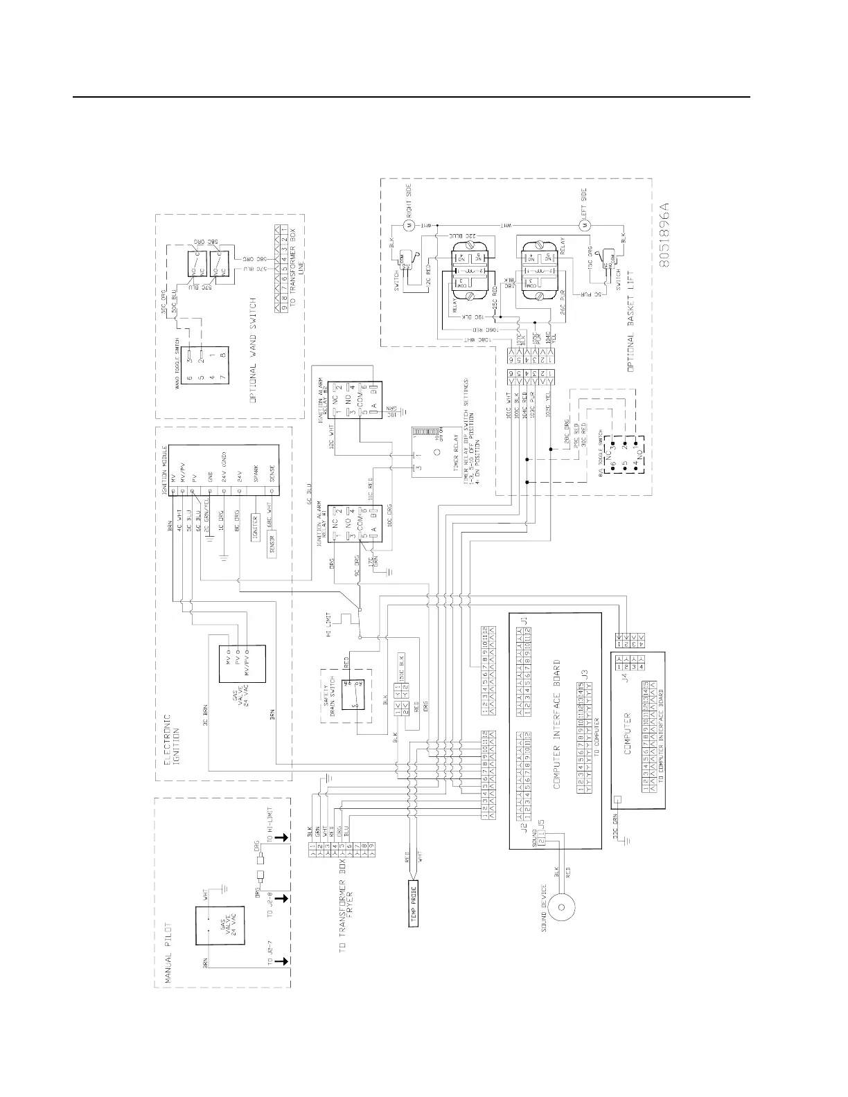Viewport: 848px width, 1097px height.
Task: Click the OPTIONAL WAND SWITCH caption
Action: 255,350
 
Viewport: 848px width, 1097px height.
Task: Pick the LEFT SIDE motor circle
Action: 583,225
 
